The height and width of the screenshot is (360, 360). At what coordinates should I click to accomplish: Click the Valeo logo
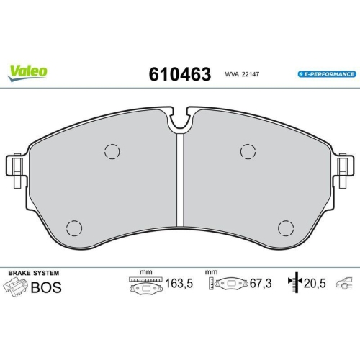tap(29, 70)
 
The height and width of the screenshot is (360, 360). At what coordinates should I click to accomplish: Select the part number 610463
tap(179, 73)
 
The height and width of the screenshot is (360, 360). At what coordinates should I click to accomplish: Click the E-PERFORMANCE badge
tap(326, 74)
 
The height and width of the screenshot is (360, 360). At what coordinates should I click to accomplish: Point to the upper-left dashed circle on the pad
tap(111, 151)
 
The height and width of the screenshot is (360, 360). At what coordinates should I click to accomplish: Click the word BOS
tap(46, 288)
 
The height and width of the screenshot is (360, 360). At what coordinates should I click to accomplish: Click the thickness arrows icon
tap(292, 283)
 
